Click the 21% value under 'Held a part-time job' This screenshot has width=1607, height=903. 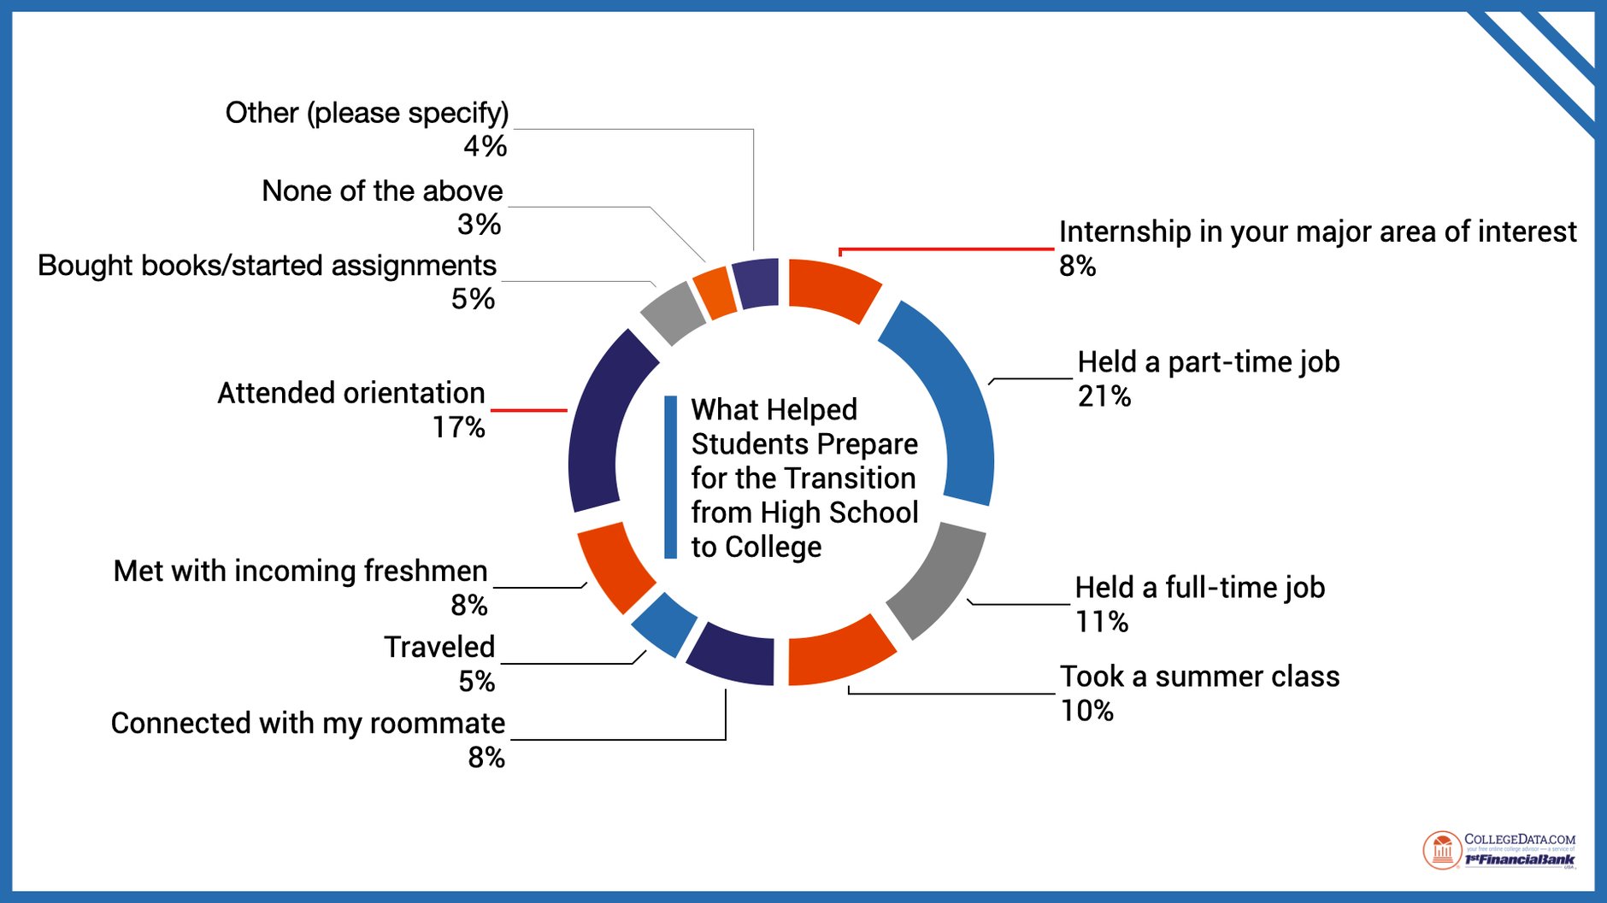(x=1104, y=396)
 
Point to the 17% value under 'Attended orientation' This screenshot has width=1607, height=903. (x=459, y=427)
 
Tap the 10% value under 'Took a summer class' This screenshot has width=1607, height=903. (x=1087, y=711)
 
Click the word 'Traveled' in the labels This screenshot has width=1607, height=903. (x=439, y=648)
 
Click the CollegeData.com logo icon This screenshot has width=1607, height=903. (x=1442, y=851)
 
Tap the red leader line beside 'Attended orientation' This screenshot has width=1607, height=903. (x=529, y=411)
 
